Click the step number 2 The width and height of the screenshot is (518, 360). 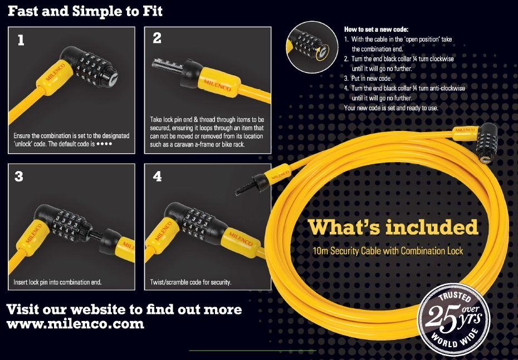coord(157,38)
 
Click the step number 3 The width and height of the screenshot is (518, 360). coord(19,177)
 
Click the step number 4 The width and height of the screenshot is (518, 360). coord(157,177)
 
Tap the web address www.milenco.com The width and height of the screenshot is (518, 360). coord(76,324)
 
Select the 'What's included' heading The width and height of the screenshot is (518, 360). coord(393,227)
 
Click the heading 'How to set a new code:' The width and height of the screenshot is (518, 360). coord(376,29)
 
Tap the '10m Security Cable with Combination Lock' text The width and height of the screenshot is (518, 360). coord(388,252)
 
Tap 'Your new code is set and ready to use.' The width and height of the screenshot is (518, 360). coord(392,108)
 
